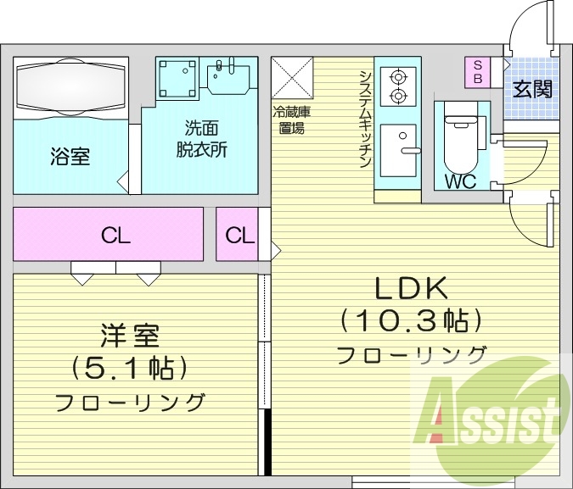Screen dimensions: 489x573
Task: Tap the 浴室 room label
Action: [70, 157]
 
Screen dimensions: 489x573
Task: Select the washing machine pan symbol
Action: [177, 79]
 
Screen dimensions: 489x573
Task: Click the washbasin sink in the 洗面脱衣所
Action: [228, 77]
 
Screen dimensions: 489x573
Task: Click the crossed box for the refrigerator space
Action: [292, 79]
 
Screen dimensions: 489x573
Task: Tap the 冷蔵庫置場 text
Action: [291, 119]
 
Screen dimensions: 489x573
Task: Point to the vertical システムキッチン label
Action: [364, 119]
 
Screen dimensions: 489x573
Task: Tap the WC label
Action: [459, 181]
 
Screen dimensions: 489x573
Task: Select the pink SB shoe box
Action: [477, 72]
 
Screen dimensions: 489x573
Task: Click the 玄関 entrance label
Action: [532, 89]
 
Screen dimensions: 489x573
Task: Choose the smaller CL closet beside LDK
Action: [240, 236]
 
